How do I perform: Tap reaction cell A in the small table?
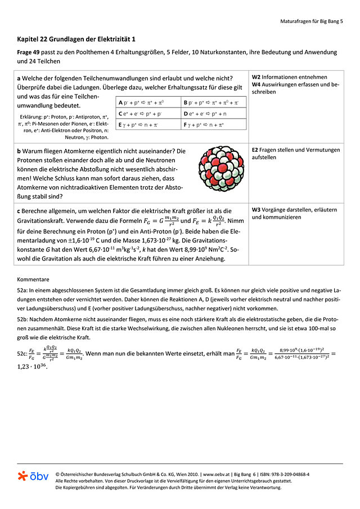point(147,103)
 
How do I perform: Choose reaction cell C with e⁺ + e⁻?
point(147,114)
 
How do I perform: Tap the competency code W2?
point(256,77)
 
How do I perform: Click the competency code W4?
point(256,84)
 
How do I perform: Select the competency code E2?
point(255,150)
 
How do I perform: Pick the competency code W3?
point(256,210)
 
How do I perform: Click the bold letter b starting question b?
point(19,151)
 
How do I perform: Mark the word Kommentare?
point(33,279)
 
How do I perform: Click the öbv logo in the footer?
point(33,476)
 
